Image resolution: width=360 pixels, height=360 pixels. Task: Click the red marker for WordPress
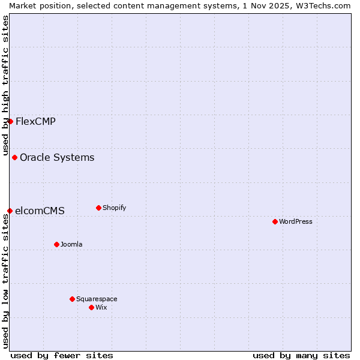tap(275, 221)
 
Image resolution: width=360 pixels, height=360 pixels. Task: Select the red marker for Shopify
tap(98, 208)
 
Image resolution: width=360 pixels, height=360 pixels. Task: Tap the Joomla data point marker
tap(56, 244)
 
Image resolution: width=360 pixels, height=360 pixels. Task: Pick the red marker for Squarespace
tap(72, 299)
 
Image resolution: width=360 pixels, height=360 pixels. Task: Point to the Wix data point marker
tap(91, 307)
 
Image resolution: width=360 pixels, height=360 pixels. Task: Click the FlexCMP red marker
tap(10, 121)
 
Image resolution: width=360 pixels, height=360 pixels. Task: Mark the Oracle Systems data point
tap(14, 157)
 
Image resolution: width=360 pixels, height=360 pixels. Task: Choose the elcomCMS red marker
tap(10, 211)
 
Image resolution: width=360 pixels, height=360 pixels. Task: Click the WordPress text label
tap(296, 221)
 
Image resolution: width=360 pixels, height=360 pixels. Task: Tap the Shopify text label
tap(114, 208)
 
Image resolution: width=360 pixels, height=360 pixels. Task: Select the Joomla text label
tap(71, 244)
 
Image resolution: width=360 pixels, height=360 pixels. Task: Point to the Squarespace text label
tap(97, 299)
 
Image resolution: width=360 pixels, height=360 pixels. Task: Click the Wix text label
tap(101, 307)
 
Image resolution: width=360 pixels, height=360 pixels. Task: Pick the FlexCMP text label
tap(35, 121)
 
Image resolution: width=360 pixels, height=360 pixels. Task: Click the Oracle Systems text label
tap(57, 157)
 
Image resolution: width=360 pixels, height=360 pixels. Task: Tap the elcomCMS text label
tap(40, 211)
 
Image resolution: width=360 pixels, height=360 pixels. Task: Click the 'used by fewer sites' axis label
tap(62, 355)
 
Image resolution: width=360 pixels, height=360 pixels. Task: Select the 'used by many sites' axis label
tap(301, 355)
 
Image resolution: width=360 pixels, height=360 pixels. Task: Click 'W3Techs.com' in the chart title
tap(326, 5)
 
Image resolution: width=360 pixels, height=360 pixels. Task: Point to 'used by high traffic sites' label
tap(5, 84)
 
